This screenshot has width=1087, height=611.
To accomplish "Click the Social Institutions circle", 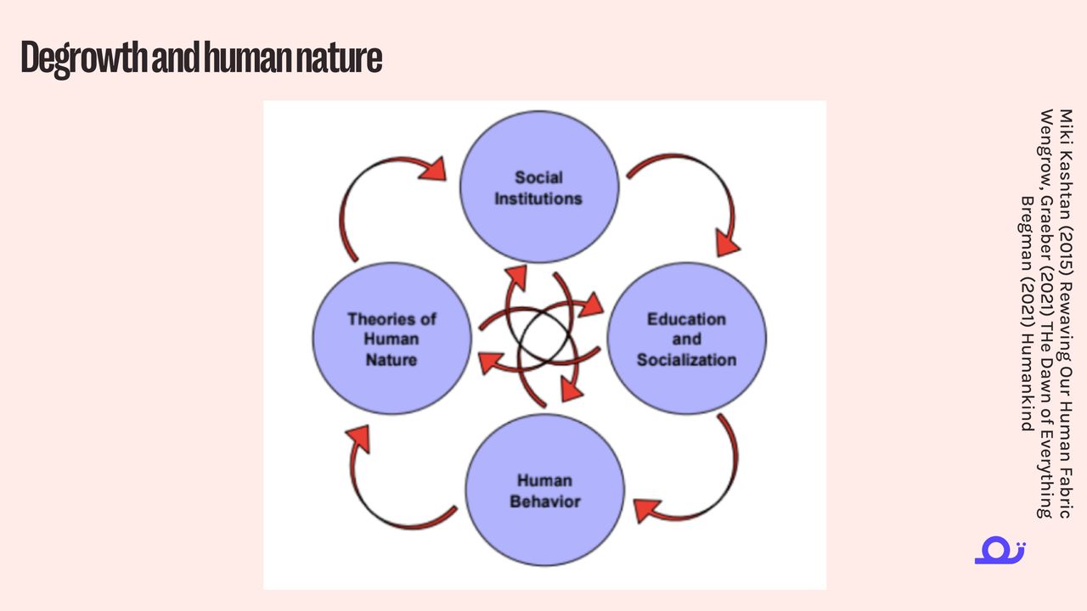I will (538, 188).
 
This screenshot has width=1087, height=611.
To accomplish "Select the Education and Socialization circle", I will (686, 339).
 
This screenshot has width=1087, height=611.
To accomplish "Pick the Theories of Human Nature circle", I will (391, 339).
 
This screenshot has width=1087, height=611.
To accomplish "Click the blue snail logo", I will (1000, 551).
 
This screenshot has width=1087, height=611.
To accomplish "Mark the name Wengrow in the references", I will (1046, 141).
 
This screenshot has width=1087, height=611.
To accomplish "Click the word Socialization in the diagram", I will (686, 360).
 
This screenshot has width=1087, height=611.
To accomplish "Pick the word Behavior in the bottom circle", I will (545, 502).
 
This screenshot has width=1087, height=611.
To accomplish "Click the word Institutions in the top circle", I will (538, 199).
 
